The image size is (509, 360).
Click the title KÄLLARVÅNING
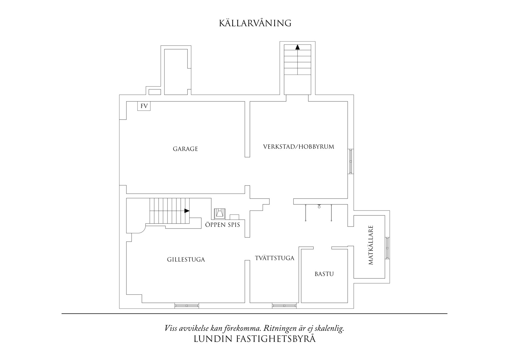(255, 23)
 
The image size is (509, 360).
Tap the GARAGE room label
(185, 149)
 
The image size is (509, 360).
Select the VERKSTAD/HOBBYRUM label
(299, 147)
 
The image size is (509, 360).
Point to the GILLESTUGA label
(186, 260)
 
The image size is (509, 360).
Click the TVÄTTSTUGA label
(275, 258)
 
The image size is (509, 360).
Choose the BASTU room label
(324, 274)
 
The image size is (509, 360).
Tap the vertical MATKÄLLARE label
(371, 245)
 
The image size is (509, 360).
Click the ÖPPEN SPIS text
(223, 225)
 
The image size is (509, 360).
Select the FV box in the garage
(144, 106)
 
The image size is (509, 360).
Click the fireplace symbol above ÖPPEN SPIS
(219, 213)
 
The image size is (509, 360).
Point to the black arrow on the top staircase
(297, 47)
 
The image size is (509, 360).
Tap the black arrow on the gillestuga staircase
(187, 211)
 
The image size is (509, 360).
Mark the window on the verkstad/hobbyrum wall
(351, 161)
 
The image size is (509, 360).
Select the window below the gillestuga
(187, 305)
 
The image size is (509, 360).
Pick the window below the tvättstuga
(284, 305)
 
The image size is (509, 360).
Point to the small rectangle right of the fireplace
(234, 217)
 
